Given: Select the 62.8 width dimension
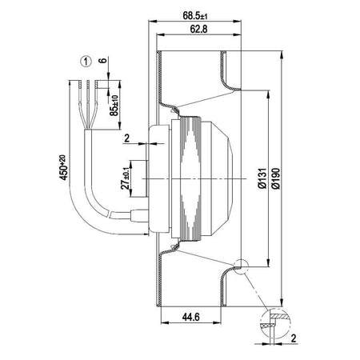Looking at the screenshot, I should (193, 31).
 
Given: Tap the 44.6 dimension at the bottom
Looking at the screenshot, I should (190, 317).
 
